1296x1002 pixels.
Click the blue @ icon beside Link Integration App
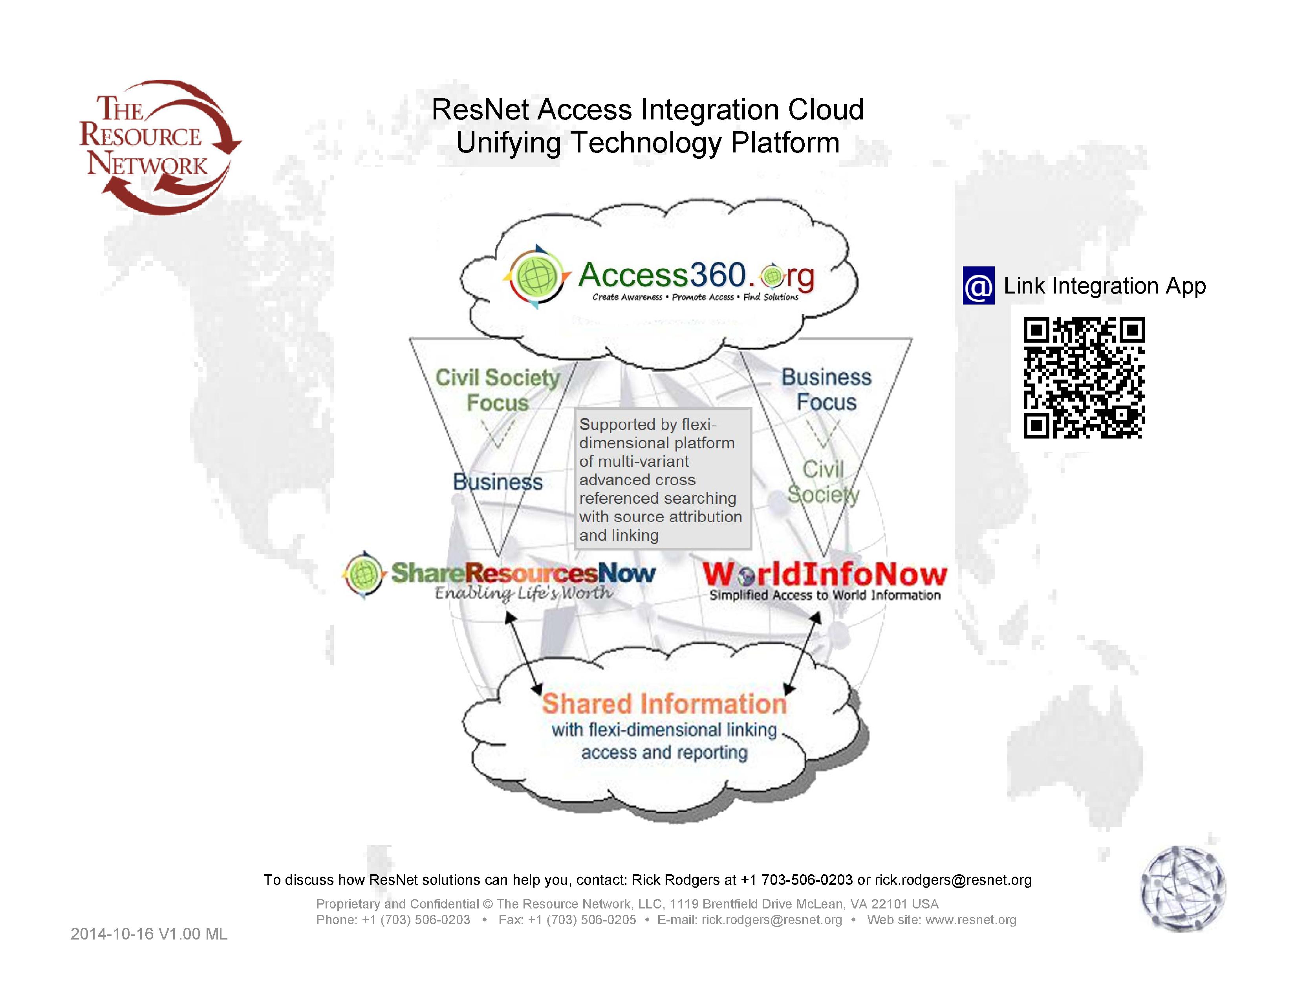pos(978,286)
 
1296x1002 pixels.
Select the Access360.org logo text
pos(696,276)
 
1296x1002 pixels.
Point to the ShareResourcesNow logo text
pos(523,573)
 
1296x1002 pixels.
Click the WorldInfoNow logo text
pos(824,574)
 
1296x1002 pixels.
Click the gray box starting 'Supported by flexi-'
pos(662,479)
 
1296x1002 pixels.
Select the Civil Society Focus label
pos(497,389)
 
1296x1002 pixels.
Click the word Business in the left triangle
pos(497,482)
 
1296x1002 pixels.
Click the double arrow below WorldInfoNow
pos(803,653)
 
